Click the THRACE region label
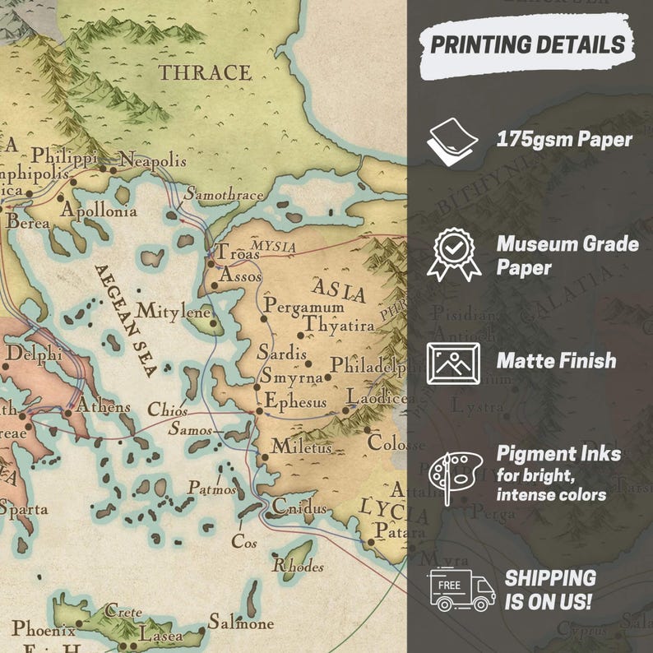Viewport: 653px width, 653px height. click(x=205, y=72)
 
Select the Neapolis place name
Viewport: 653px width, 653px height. click(x=153, y=160)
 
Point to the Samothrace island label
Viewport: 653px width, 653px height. click(x=223, y=195)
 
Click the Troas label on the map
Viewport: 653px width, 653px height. click(x=237, y=254)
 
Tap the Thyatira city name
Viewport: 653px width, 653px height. click(x=338, y=326)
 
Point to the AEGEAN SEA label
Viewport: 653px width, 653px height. click(x=125, y=320)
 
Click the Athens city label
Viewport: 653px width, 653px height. click(x=103, y=405)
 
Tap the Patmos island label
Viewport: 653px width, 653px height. click(x=211, y=488)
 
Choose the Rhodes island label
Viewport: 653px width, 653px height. click(x=298, y=566)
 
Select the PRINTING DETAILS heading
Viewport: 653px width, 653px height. click(x=527, y=44)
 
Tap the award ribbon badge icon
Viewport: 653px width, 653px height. click(x=452, y=254)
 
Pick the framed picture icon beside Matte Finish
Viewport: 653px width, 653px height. click(x=453, y=362)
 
